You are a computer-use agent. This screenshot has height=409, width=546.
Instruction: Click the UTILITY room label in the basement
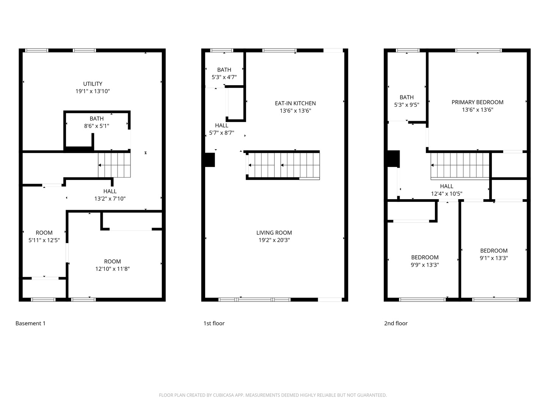92,84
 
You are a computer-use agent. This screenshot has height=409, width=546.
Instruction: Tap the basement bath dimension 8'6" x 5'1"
97,126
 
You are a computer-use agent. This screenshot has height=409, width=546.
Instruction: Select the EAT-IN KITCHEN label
295,103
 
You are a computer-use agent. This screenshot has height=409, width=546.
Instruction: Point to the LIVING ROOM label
274,233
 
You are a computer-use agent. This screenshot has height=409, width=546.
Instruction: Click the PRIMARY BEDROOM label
477,102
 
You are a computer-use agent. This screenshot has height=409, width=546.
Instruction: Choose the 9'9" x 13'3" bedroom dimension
425,265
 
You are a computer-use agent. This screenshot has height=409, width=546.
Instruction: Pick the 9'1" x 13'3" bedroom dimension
494,258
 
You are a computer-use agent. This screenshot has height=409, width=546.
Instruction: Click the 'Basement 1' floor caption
30,323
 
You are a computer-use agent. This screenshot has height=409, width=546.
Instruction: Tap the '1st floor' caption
214,323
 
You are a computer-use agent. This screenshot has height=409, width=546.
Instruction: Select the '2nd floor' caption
395,323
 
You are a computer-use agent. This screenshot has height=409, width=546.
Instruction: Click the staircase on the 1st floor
283,165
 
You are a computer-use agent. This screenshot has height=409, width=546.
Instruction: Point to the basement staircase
114,165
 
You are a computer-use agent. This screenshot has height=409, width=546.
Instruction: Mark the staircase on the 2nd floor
460,165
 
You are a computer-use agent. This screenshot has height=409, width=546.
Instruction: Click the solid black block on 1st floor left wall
210,160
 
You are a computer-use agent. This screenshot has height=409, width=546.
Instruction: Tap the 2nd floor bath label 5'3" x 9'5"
406,105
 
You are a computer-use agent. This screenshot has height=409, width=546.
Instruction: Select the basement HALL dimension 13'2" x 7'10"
110,199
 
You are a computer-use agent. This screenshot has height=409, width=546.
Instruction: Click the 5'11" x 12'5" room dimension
44,240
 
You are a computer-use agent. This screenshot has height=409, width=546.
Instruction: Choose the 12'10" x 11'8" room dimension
113,269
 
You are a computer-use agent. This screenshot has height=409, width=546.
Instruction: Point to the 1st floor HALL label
221,125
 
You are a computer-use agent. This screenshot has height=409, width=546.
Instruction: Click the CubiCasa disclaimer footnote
273,395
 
